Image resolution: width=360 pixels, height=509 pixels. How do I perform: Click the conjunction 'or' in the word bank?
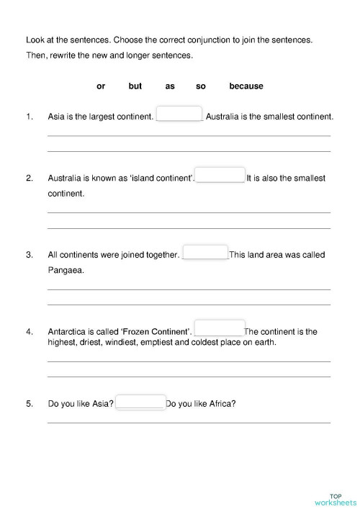[x=101, y=86]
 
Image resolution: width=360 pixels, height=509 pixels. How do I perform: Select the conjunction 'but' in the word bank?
[x=135, y=86]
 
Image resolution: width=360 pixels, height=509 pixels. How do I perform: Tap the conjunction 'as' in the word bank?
[x=170, y=86]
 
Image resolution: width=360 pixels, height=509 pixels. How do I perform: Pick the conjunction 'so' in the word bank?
[x=201, y=86]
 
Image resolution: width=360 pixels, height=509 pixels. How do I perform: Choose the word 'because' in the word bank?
[x=246, y=86]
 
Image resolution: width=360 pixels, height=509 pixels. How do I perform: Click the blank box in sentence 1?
[x=179, y=114]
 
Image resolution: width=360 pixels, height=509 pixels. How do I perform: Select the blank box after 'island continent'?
[x=220, y=176]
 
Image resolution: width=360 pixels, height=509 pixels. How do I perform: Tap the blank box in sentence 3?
[x=206, y=253]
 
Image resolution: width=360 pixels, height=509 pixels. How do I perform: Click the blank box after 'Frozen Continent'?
[x=220, y=328]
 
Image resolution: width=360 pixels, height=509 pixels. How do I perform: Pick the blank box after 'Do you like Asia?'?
[x=140, y=402]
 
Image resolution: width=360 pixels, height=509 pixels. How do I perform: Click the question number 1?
[x=30, y=116]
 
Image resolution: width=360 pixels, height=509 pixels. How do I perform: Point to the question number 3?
[x=30, y=255]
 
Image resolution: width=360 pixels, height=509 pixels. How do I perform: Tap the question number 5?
[x=30, y=404]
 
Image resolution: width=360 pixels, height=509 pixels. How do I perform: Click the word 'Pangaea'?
[x=66, y=271]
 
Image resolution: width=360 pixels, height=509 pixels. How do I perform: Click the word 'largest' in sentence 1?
[x=101, y=116]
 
